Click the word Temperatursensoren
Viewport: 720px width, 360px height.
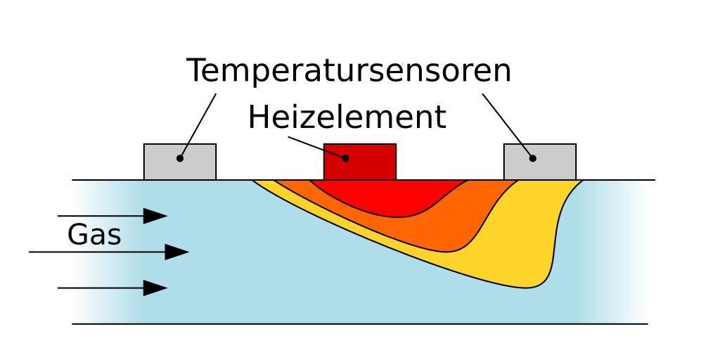pos(349,70)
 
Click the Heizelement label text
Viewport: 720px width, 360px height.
pos(347,117)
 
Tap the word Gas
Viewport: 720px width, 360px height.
pos(94,235)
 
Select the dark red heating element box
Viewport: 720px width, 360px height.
pos(360,162)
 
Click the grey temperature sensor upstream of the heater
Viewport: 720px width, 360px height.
pos(180,162)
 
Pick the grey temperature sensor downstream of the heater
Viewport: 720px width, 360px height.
pos(540,162)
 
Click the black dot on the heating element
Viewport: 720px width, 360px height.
pos(345,158)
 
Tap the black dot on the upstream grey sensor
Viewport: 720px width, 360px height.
pos(180,158)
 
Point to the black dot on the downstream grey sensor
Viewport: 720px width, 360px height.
pos(533,158)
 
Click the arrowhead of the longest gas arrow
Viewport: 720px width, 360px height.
pos(176,252)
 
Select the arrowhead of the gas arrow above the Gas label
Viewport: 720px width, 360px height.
pos(155,216)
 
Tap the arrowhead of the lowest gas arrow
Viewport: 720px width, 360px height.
pos(155,288)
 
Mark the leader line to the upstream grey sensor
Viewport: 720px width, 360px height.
pos(198,126)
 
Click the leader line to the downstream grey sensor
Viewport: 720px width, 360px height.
pos(508,126)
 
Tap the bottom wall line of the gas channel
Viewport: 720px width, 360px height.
pos(360,324)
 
